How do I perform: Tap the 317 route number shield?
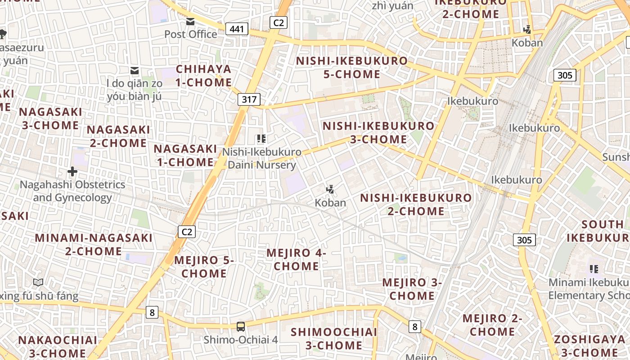click(249, 99)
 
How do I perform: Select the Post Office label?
click(190, 34)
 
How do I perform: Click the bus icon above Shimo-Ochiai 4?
click(241, 326)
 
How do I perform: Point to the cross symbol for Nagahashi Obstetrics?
click(72, 171)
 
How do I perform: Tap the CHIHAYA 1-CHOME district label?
click(203, 76)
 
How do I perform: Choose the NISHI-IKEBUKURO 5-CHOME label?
click(351, 67)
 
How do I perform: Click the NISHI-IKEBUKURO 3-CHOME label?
click(378, 132)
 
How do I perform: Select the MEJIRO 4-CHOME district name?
click(296, 259)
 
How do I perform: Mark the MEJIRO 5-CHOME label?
click(204, 266)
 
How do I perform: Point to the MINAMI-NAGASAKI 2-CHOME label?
click(94, 244)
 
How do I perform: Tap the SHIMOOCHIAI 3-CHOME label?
click(333, 338)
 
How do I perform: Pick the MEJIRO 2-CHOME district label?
click(492, 325)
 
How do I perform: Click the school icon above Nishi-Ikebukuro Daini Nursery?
click(261, 139)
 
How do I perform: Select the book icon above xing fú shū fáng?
click(38, 283)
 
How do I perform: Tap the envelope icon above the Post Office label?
click(190, 22)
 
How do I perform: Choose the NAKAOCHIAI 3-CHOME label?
click(57, 346)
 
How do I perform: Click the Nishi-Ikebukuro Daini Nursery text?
click(261, 158)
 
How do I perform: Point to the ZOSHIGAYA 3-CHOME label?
click(589, 346)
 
